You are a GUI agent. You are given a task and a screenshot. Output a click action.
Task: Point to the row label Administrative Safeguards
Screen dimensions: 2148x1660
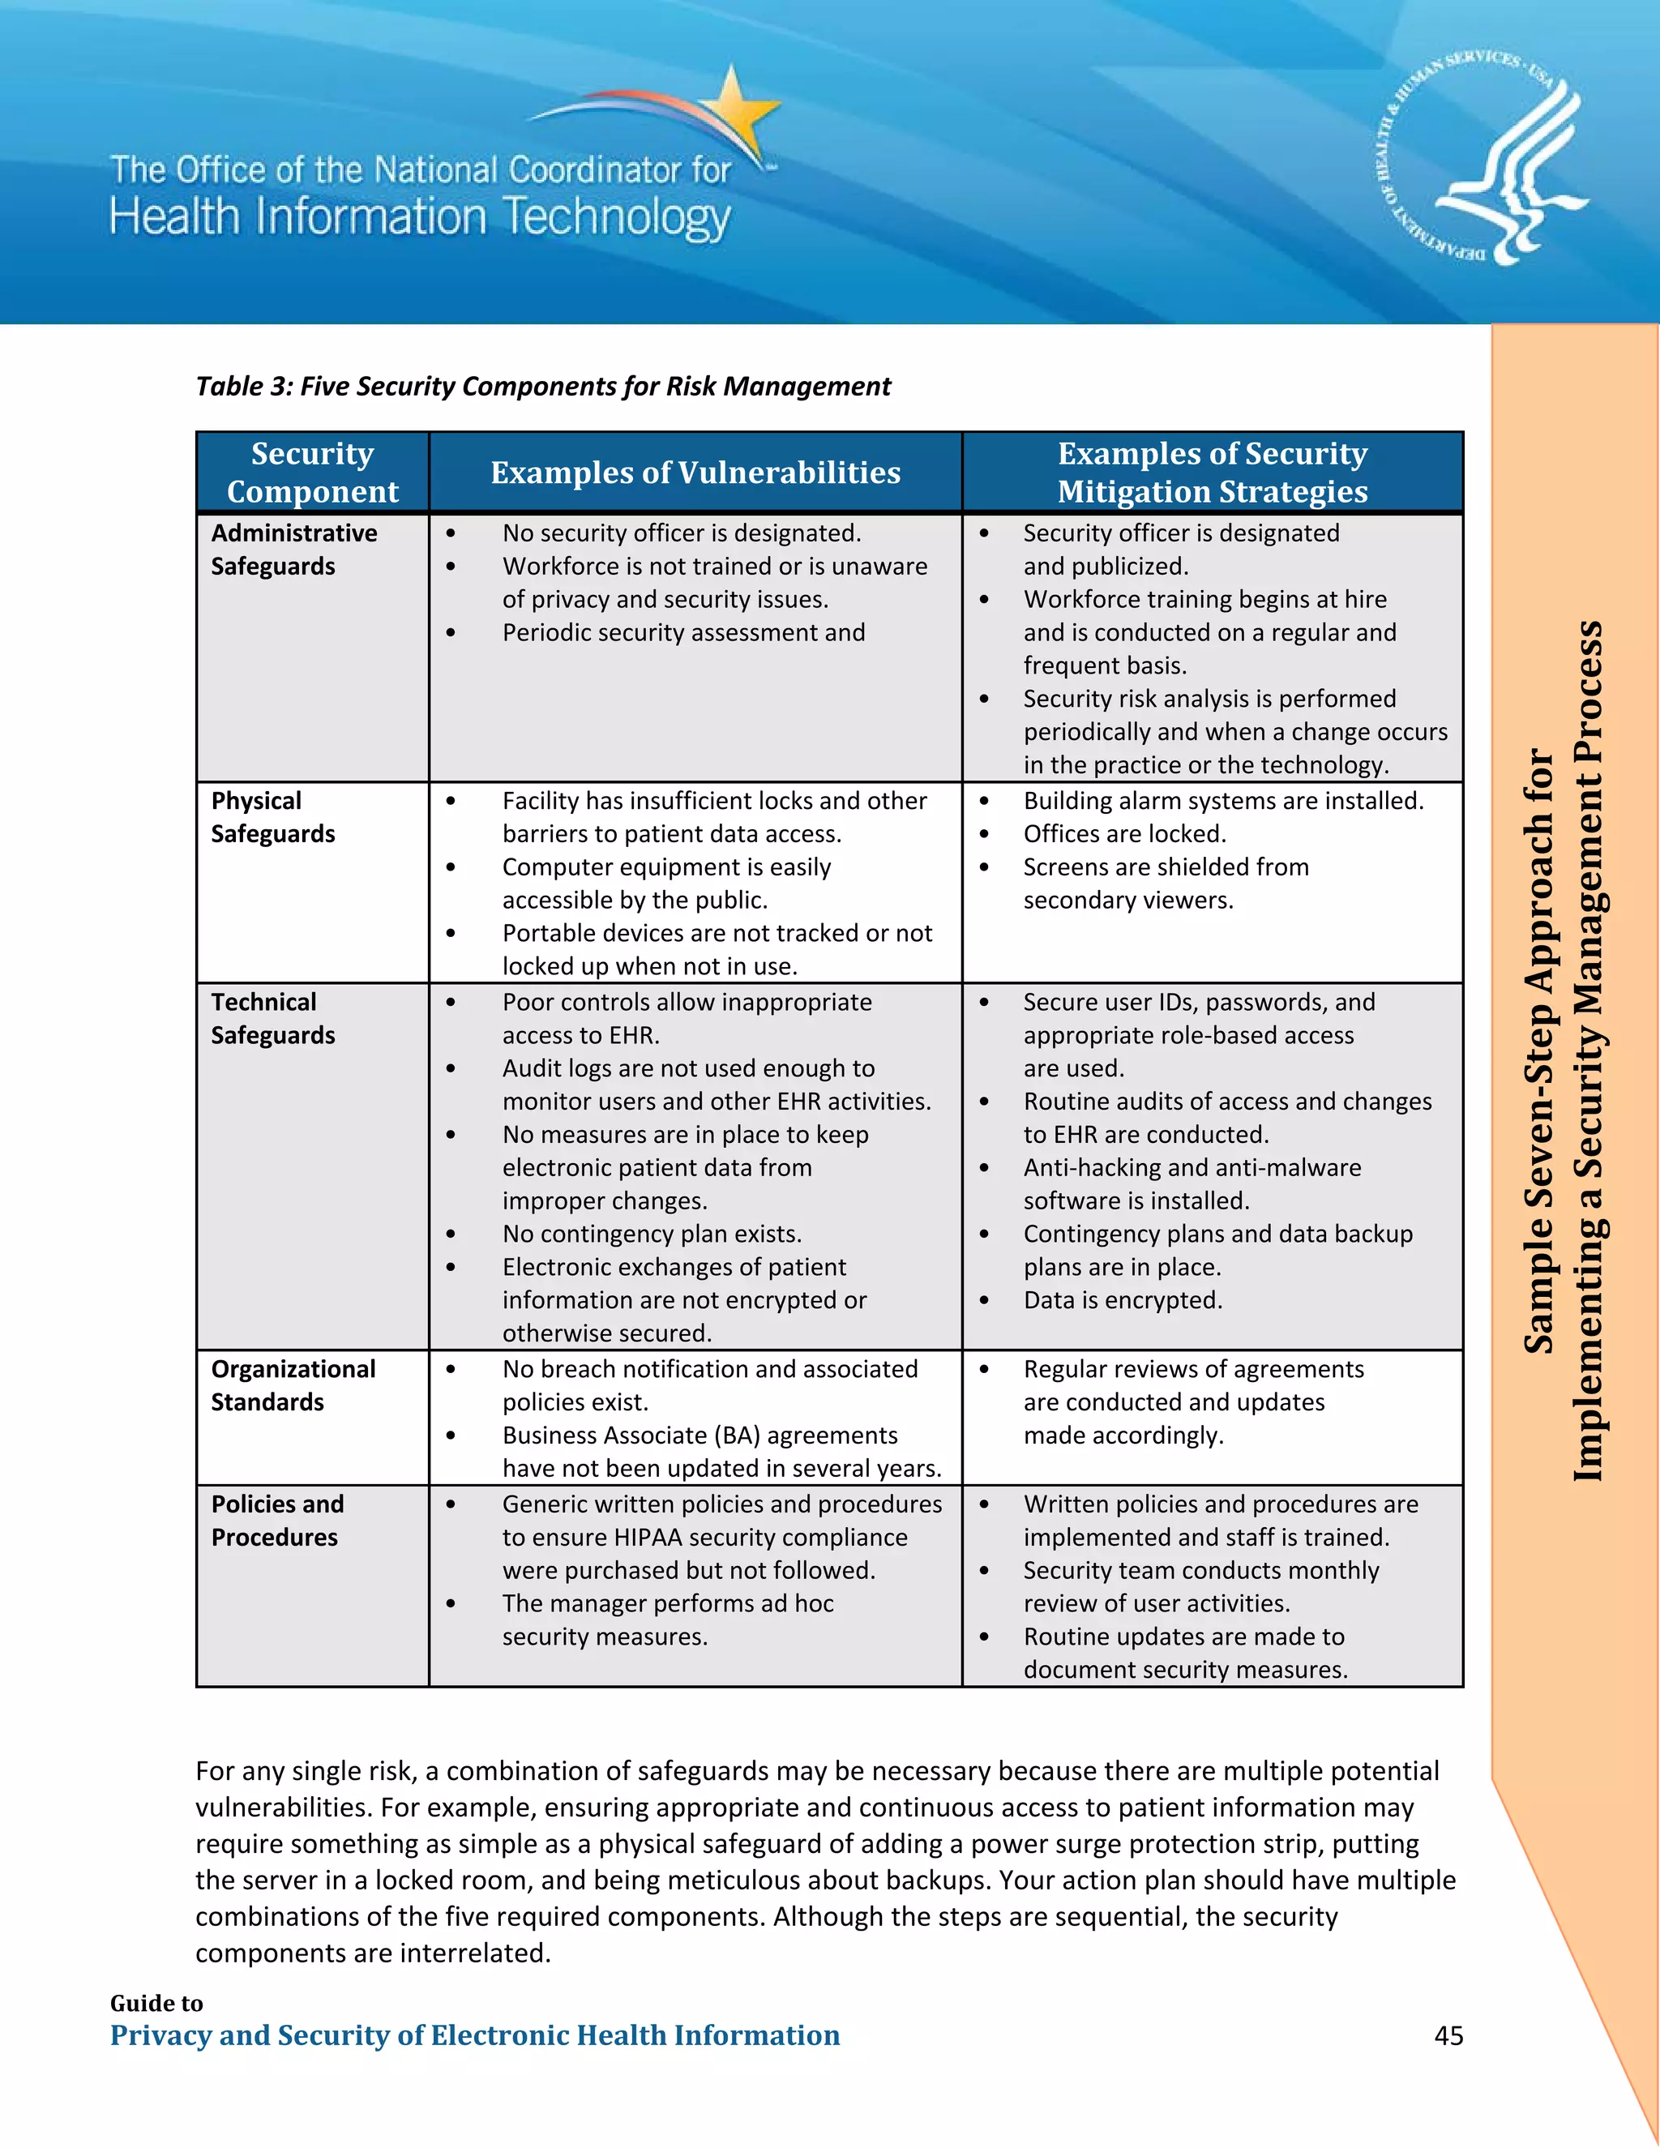(293, 550)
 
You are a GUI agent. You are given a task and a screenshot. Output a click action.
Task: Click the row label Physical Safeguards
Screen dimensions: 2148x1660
(272, 817)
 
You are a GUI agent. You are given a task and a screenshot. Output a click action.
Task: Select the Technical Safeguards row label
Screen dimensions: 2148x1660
(272, 1019)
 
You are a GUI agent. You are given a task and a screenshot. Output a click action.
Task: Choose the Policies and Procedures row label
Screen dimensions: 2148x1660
(276, 1521)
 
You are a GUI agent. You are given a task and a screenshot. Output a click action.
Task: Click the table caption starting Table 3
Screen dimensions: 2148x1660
(543, 387)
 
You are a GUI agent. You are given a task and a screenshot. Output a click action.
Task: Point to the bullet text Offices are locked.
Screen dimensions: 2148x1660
(1124, 834)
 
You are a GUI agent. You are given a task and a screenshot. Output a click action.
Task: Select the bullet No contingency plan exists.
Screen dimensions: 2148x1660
(651, 1234)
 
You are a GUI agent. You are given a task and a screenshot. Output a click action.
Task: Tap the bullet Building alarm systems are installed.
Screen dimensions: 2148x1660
(1222, 801)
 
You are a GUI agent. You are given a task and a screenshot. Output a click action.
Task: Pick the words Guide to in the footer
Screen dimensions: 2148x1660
(156, 2004)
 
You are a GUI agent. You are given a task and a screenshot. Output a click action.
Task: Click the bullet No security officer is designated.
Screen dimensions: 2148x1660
(681, 533)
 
